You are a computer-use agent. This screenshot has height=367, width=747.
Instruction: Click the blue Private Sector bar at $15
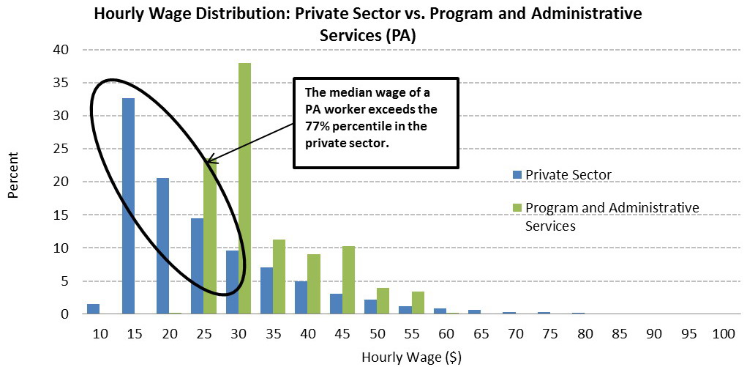(128, 206)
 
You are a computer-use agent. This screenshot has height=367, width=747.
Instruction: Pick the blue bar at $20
(162, 246)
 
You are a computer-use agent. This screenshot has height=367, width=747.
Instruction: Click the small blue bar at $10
(93, 308)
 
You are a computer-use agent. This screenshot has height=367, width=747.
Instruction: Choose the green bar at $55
(417, 303)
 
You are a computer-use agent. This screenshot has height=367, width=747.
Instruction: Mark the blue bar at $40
(301, 297)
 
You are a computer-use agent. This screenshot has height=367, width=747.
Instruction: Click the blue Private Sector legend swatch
(517, 175)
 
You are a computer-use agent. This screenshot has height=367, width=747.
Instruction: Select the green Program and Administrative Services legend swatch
(517, 209)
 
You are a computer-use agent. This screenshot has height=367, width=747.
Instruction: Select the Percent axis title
(13, 182)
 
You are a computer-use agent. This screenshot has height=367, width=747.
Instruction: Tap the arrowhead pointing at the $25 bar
(209, 160)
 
